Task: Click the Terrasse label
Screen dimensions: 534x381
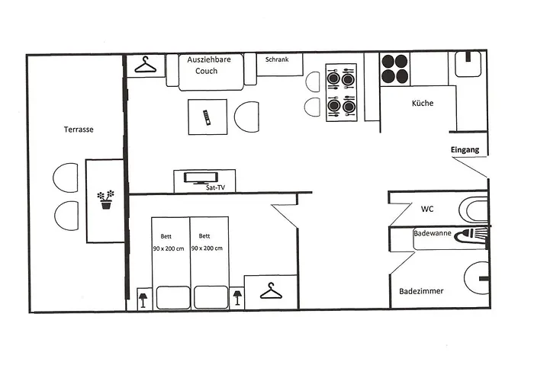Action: pos(79,130)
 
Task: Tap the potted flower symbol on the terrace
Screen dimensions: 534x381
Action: pos(105,200)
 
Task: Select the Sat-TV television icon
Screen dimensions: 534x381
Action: pos(201,178)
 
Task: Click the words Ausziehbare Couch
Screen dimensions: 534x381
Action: pos(208,65)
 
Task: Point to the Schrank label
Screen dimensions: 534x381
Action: pos(277,59)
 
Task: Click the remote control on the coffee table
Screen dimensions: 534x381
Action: pos(207,117)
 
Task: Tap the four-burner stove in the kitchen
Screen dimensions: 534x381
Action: pos(394,69)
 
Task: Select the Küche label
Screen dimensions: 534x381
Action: pos(423,103)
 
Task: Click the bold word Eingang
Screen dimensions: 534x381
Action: pos(465,149)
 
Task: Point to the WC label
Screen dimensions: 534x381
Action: pos(427,209)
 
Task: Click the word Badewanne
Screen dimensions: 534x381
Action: pos(433,233)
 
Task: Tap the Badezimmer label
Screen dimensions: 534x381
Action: pos(421,291)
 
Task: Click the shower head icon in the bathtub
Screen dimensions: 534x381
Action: pos(471,235)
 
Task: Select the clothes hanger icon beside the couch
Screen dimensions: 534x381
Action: pos(146,65)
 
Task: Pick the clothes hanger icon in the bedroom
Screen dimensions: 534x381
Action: pos(271,291)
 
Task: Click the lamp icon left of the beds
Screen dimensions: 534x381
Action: pos(143,299)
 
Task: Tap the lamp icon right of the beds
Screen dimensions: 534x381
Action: pos(237,298)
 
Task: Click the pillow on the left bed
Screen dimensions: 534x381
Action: pos(173,298)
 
